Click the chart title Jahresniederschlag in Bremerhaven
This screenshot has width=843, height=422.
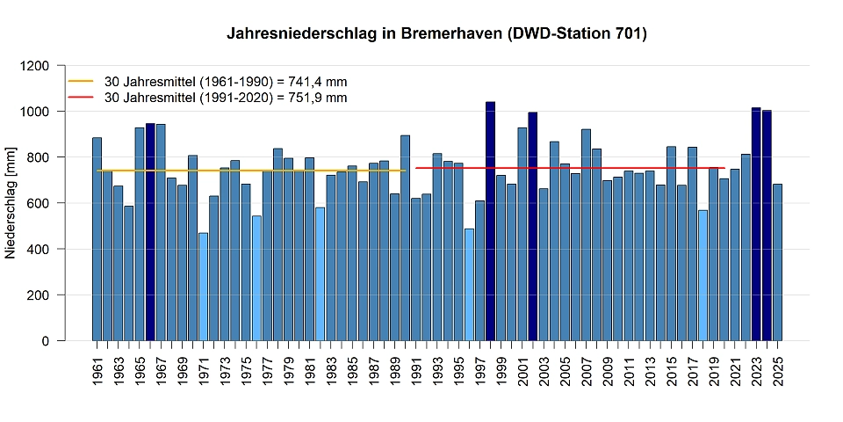(x=436, y=34)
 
